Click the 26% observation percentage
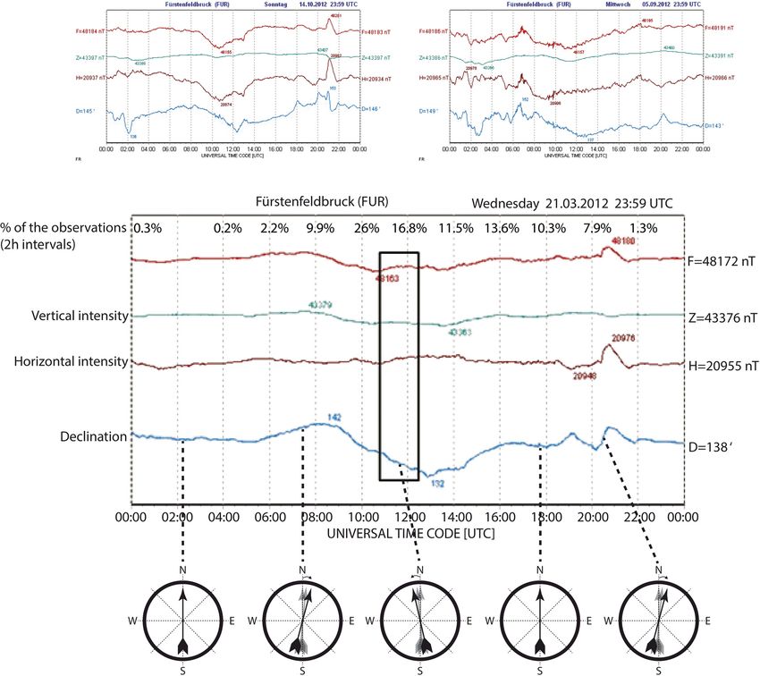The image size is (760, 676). point(367,228)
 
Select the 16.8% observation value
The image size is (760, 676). point(406,228)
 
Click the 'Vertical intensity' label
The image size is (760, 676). point(79,317)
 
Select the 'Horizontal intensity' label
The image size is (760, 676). point(72,362)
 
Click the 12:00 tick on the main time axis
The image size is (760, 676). point(408,516)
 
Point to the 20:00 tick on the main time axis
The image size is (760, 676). point(592,516)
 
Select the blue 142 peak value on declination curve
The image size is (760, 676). point(335,417)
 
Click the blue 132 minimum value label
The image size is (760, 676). point(437,483)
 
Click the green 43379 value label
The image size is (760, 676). point(320,305)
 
